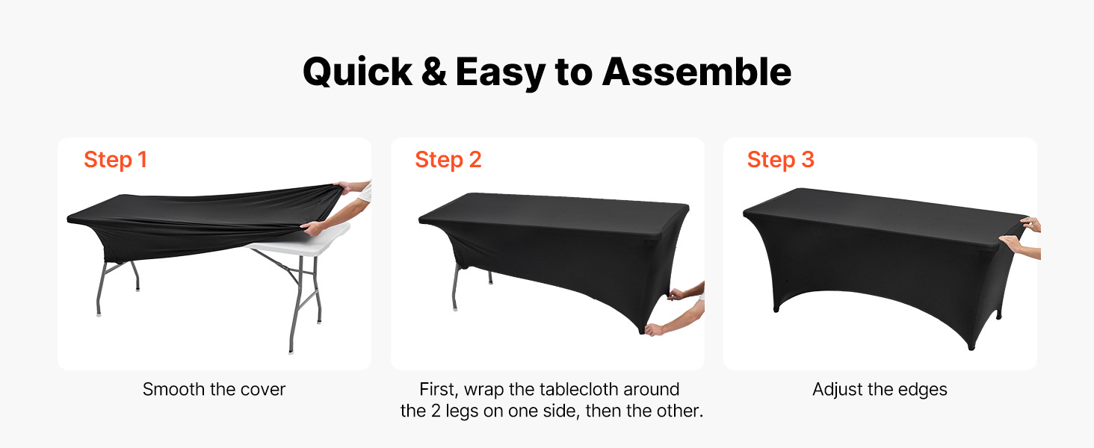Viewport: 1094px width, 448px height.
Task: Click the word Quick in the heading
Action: (x=357, y=72)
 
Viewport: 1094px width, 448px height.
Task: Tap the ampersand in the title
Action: (x=433, y=72)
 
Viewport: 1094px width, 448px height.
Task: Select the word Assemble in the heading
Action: (x=696, y=72)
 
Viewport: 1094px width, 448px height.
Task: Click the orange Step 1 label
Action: (x=115, y=160)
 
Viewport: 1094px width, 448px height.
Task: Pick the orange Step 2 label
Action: (x=448, y=160)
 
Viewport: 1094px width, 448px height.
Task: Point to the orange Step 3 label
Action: (x=780, y=160)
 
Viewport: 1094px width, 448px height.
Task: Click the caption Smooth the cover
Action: (x=214, y=390)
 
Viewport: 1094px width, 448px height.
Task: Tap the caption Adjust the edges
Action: (x=880, y=390)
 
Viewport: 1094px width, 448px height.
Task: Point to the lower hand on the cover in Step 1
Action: (x=312, y=228)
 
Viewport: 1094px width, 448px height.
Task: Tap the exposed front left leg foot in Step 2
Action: (x=455, y=307)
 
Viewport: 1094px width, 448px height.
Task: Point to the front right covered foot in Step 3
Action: (x=971, y=346)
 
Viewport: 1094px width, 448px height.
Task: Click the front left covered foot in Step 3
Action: (x=776, y=308)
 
